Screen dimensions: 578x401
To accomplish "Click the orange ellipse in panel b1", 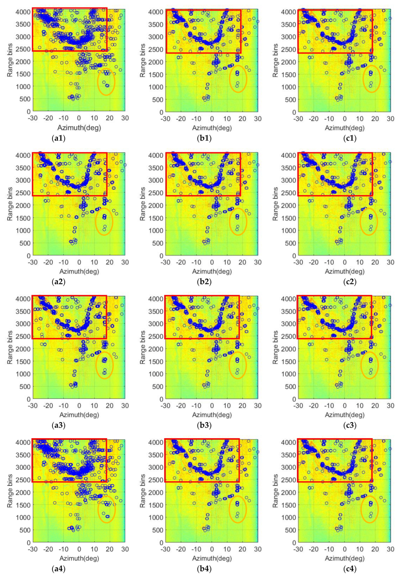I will click(238, 79).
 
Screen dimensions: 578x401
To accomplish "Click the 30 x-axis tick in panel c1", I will click(390, 119).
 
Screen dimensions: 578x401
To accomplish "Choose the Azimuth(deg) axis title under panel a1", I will click(79, 128).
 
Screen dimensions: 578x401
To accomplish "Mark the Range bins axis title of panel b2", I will click(143, 204).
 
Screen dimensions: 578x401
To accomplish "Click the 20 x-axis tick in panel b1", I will click(242, 119).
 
